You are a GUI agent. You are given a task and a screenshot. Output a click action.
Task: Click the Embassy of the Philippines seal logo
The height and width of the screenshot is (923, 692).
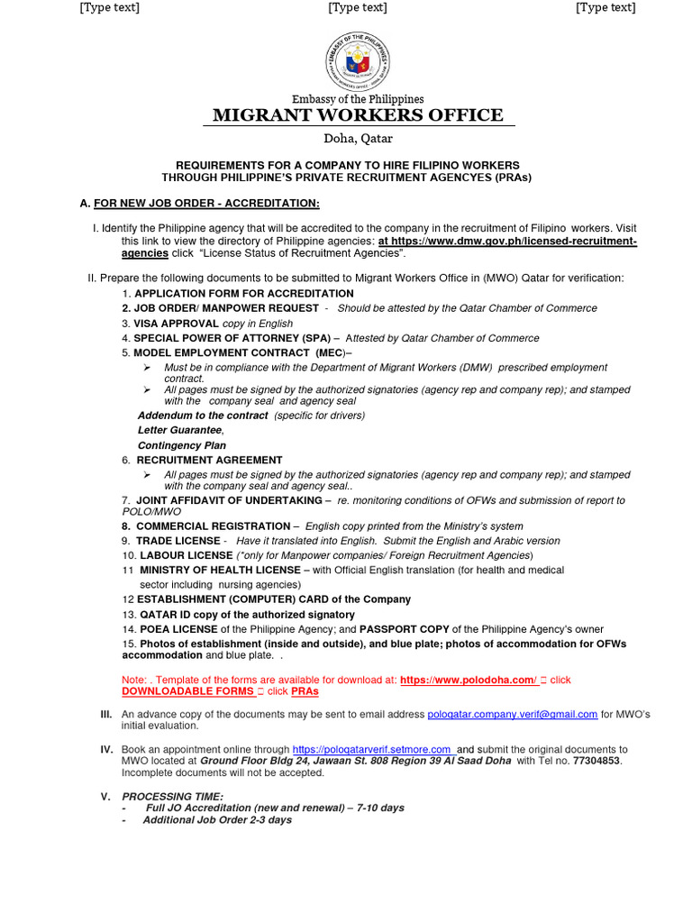359,59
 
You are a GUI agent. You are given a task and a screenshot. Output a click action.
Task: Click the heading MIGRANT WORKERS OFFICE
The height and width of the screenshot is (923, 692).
358,114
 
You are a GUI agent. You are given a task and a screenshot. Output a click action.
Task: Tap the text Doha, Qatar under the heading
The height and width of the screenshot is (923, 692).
358,139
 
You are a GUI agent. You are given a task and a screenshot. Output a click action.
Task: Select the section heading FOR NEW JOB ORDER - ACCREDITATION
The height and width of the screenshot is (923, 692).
206,203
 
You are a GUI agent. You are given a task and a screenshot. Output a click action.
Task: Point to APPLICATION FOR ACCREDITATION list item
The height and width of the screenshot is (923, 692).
244,294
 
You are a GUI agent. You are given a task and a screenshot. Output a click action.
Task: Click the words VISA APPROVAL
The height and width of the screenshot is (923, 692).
177,323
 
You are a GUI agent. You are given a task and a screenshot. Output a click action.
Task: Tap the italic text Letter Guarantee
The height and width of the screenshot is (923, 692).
179,430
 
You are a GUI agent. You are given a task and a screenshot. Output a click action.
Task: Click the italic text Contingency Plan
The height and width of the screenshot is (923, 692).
182,445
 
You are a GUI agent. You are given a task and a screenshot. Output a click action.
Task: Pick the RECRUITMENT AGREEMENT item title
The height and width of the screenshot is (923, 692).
209,460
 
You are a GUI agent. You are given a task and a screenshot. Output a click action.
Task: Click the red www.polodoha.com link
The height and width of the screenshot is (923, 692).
468,679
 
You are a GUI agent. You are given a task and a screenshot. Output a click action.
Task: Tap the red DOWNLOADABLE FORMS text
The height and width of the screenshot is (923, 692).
187,691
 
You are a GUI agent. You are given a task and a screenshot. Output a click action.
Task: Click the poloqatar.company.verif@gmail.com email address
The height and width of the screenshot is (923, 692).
512,714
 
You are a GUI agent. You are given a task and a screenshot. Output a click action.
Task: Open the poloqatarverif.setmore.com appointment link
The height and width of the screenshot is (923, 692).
371,749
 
